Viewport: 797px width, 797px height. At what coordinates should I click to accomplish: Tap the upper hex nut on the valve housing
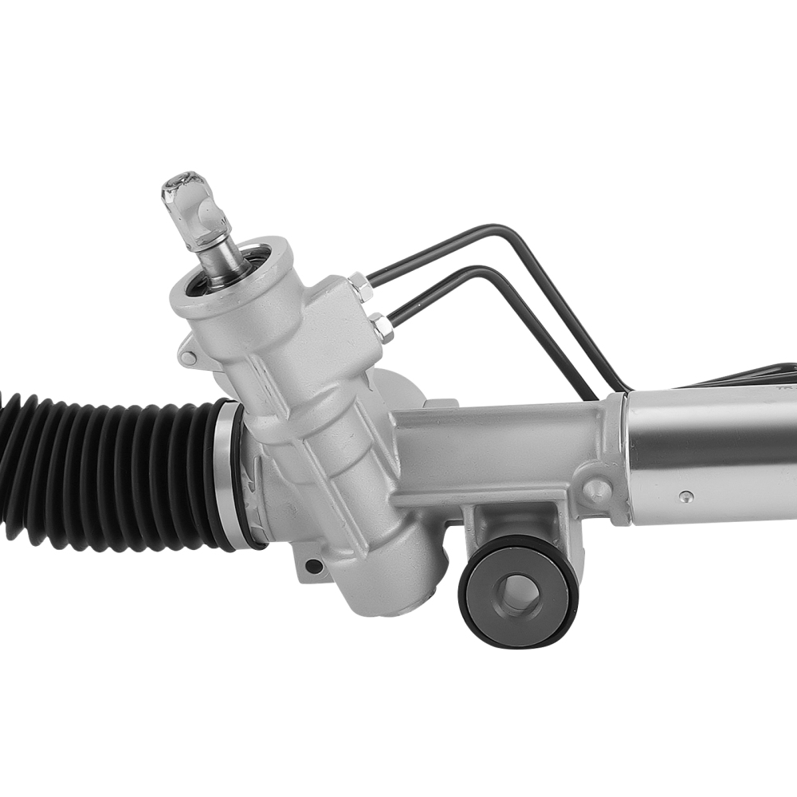(x=358, y=285)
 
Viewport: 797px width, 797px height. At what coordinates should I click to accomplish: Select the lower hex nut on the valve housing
(x=381, y=327)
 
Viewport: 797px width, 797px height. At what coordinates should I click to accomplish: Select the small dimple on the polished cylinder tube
(x=685, y=497)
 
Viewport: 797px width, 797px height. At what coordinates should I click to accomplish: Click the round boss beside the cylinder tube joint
(x=596, y=489)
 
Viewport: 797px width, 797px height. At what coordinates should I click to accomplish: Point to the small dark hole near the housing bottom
(x=314, y=567)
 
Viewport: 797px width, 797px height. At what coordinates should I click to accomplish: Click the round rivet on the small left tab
(x=188, y=358)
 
